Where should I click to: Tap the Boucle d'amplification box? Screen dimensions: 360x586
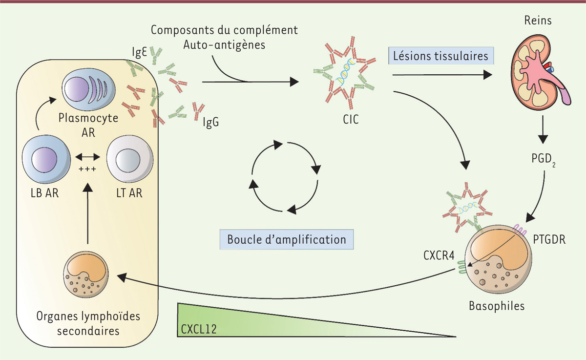coord(287,240)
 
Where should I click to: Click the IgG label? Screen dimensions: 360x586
coord(210,122)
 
